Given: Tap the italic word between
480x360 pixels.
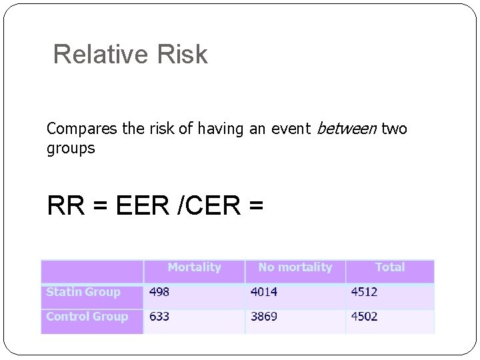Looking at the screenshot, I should (x=346, y=129).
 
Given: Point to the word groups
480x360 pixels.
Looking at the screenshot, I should (x=71, y=148).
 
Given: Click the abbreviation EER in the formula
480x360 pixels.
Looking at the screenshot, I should (x=144, y=206).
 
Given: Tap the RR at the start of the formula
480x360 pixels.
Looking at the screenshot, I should (x=67, y=206).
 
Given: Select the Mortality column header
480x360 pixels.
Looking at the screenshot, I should (x=194, y=267).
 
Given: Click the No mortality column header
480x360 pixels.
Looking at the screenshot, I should (x=295, y=267).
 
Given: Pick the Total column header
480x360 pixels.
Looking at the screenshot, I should (x=390, y=267).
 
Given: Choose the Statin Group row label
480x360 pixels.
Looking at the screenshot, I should (x=83, y=292).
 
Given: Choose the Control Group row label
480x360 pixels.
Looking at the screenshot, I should (x=87, y=317).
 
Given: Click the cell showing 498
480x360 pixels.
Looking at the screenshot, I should (x=159, y=292).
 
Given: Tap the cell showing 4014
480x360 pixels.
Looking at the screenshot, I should (x=264, y=292).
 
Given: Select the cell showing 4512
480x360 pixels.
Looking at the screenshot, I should (x=365, y=292).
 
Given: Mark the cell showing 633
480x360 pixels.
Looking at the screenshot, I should (x=159, y=317).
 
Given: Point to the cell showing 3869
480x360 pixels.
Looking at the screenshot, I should (x=264, y=317).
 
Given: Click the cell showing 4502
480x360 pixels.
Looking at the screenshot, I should (x=365, y=317).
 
